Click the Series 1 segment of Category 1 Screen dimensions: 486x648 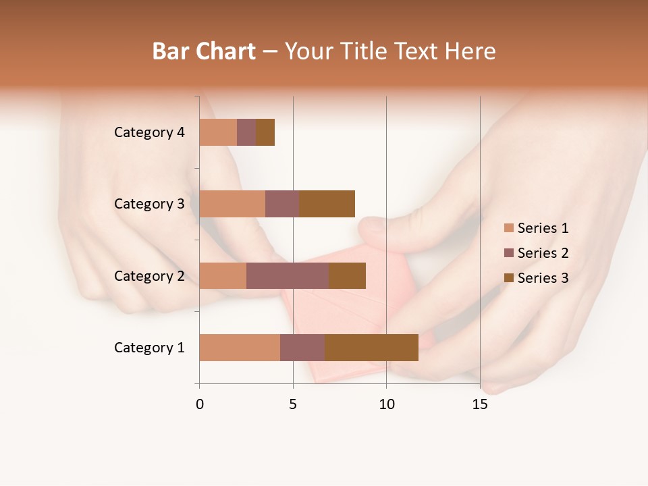[x=240, y=348]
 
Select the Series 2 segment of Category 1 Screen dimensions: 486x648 [x=302, y=348]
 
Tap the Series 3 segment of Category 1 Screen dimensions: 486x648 [x=371, y=348]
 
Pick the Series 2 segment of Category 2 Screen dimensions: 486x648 [x=288, y=275]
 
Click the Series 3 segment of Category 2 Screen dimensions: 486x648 [x=347, y=275]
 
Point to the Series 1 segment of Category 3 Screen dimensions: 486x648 [x=232, y=204]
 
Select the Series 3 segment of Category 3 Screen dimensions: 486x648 [x=327, y=204]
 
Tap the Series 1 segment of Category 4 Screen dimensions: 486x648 [x=218, y=132]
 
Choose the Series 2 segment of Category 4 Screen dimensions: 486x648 [x=246, y=132]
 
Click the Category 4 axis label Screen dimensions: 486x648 [x=149, y=132]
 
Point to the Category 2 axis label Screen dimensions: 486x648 [x=149, y=275]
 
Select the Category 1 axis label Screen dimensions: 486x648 [x=149, y=348]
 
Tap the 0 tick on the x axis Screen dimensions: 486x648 [x=200, y=404]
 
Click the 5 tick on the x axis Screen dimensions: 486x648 [x=293, y=404]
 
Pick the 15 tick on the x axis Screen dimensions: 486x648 [x=480, y=404]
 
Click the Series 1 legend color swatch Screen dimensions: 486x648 [x=509, y=228]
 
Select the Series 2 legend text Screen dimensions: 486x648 [x=543, y=253]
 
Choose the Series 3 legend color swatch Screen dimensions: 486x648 [x=509, y=278]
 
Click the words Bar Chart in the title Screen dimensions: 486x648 [x=204, y=51]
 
